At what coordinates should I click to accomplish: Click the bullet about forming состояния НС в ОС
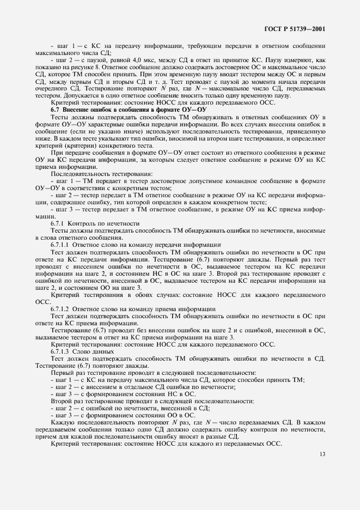[123, 393]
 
